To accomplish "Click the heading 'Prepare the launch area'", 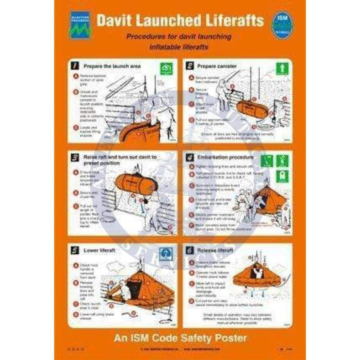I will [x=112, y=65].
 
